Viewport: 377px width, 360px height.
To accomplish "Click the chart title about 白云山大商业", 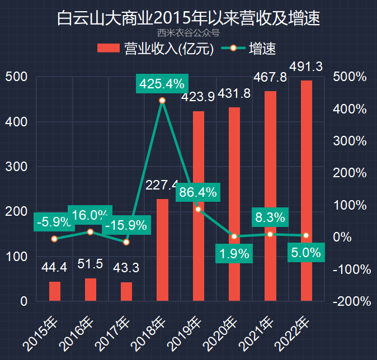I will (189, 18).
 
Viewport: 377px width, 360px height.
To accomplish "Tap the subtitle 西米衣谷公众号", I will (188, 33).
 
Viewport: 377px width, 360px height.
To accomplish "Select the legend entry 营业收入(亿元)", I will (156, 49).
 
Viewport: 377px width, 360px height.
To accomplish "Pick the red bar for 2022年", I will (306, 191).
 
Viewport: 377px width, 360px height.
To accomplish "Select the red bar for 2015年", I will (54, 291).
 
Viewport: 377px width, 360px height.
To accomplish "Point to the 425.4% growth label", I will (162, 84).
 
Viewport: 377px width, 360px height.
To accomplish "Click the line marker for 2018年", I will (162, 101).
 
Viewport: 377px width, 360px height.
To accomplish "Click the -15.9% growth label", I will (126, 226).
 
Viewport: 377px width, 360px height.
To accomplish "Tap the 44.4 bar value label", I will (54, 268).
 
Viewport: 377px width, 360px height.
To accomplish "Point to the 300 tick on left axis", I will (16, 167).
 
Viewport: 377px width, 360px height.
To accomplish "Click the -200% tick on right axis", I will (352, 301).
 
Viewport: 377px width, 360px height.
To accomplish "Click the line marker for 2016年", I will (90, 231).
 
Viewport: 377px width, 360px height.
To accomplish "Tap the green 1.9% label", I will (234, 253).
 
